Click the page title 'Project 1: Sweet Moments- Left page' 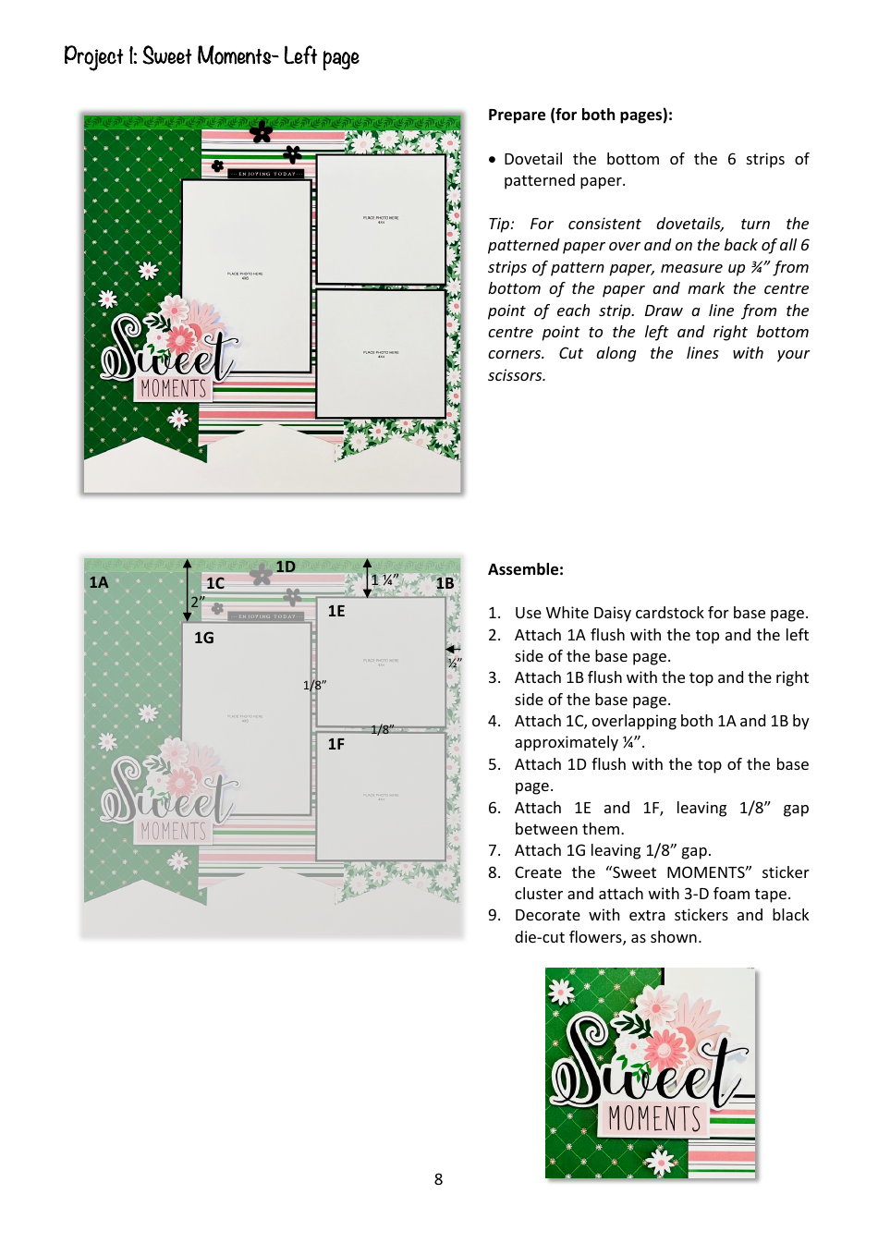tap(211, 57)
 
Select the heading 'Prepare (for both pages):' tap(579, 115)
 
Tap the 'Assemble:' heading tap(525, 569)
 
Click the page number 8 tap(438, 1179)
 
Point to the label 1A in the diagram tap(99, 582)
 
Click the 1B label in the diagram tap(445, 583)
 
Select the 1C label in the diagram tap(215, 583)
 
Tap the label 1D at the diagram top tap(286, 567)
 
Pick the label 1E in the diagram tap(336, 611)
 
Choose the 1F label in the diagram tap(336, 744)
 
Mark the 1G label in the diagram tap(203, 638)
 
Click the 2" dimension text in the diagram tap(198, 602)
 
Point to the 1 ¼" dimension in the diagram tap(384, 580)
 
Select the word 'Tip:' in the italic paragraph tap(501, 224)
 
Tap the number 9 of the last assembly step tap(494, 915)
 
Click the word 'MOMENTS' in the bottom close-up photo tap(654, 1118)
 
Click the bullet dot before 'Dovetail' tap(493, 160)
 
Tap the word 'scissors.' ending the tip tap(517, 375)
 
